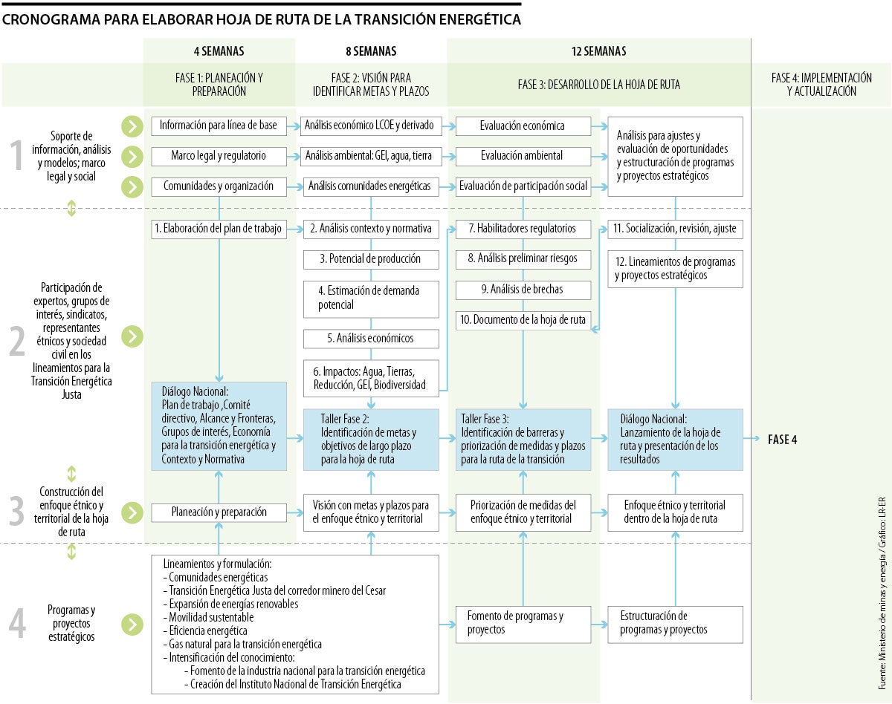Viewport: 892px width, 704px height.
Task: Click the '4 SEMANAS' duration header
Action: click(x=219, y=51)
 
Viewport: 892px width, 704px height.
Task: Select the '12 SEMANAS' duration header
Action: click(x=598, y=51)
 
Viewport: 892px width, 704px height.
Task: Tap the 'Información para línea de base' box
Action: click(x=219, y=126)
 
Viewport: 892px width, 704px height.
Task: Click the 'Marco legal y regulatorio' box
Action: click(x=219, y=156)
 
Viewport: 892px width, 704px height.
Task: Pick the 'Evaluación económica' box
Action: click(x=523, y=126)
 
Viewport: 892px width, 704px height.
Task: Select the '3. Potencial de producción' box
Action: click(x=371, y=259)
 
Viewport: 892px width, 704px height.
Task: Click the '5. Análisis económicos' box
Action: click(x=371, y=338)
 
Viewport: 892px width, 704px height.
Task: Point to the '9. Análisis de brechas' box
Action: click(x=523, y=290)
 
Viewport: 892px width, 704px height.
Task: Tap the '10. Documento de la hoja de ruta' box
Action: click(x=523, y=320)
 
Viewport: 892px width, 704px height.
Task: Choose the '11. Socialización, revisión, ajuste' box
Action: click(x=675, y=229)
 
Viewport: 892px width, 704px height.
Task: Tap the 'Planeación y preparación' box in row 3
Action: click(x=219, y=512)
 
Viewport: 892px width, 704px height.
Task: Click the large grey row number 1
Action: click(x=17, y=156)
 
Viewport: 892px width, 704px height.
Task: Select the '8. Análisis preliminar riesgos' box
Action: click(x=523, y=259)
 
